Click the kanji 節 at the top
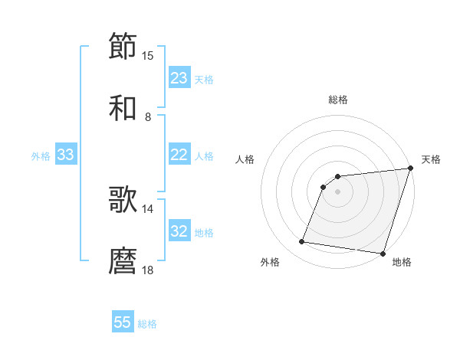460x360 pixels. coord(123,46)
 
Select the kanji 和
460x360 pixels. coord(123,108)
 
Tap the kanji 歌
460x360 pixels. coord(123,200)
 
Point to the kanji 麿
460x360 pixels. coord(123,261)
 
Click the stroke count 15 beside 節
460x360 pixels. coord(148,55)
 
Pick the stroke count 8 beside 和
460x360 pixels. coord(148,117)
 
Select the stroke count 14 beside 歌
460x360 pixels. coord(148,208)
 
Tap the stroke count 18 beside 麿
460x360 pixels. coord(148,270)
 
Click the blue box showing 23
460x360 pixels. coord(179,78)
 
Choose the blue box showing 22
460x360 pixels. coord(179,155)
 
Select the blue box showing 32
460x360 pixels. coord(179,231)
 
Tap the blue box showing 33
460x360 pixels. coord(66,155)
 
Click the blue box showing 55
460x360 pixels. coord(123,322)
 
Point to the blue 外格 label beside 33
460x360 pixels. coord(41,155)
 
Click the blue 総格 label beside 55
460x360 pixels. coord(147,323)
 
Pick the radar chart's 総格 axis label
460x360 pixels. coord(338,100)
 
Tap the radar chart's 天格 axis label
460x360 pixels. coord(431,159)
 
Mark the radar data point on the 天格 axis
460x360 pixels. coord(411,169)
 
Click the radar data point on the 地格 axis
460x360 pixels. coord(383,254)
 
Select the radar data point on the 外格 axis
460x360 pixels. coord(302,242)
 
